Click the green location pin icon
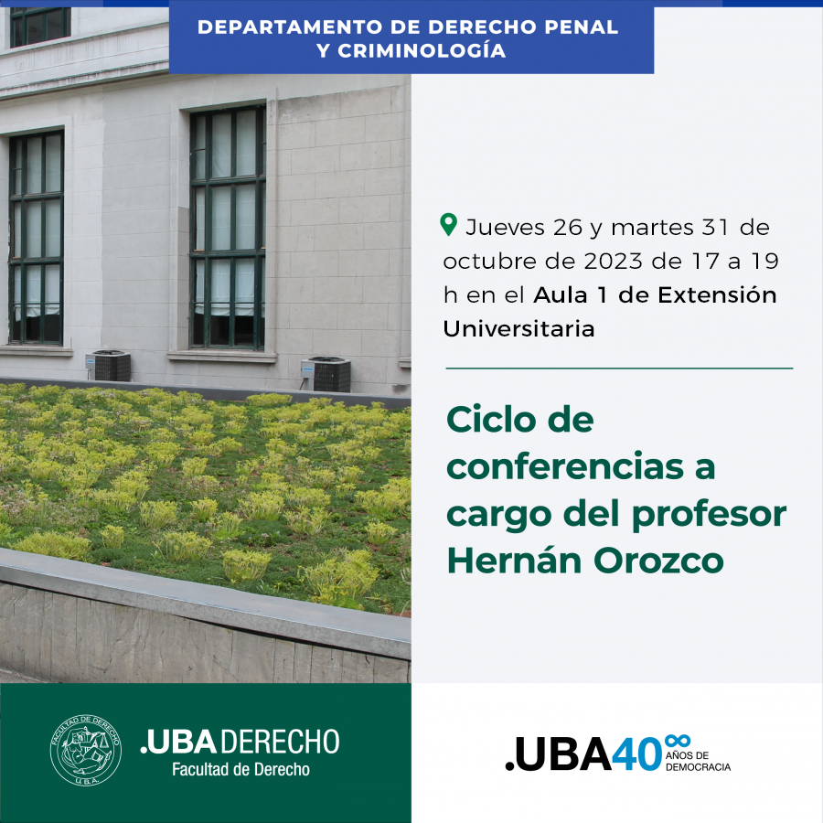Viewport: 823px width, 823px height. coord(448,225)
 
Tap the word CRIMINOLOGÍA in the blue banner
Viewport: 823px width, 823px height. coord(422,51)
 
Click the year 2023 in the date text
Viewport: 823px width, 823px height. coord(613,261)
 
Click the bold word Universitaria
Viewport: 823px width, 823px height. coord(518,328)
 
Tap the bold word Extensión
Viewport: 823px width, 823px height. coord(717,294)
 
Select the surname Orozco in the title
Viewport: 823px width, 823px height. coord(658,561)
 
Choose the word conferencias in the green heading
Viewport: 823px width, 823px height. coord(565,466)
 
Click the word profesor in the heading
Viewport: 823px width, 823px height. coord(709,515)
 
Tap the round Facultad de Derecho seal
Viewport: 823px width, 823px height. coord(86,750)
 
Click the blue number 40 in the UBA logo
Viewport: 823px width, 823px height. coord(636,754)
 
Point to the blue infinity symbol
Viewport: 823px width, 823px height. coord(677,741)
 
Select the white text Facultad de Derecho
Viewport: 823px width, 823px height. coord(240,769)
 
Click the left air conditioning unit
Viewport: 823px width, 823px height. coord(109,365)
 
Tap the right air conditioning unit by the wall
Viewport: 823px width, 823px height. coord(326,374)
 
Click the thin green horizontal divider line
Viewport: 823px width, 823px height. coord(619,369)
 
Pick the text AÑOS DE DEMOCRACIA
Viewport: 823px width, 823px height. coord(698,761)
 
